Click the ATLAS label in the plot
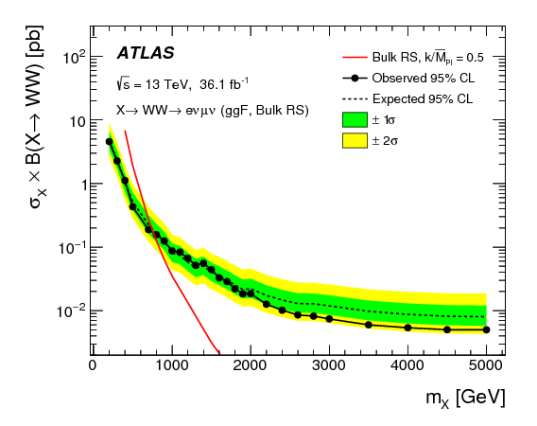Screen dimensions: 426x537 click(x=144, y=53)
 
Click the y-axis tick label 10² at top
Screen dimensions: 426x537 click(x=72, y=58)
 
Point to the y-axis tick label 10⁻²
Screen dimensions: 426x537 click(x=69, y=311)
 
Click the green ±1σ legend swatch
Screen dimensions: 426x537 click(x=354, y=120)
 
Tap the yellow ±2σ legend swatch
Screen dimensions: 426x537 click(x=354, y=141)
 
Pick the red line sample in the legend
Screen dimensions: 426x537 click(x=354, y=57)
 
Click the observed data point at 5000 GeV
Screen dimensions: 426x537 click(x=486, y=330)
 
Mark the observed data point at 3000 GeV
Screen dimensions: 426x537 click(x=329, y=319)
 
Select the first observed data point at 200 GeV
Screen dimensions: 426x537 click(x=109, y=141)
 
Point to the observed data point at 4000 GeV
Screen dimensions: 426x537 click(x=407, y=328)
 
